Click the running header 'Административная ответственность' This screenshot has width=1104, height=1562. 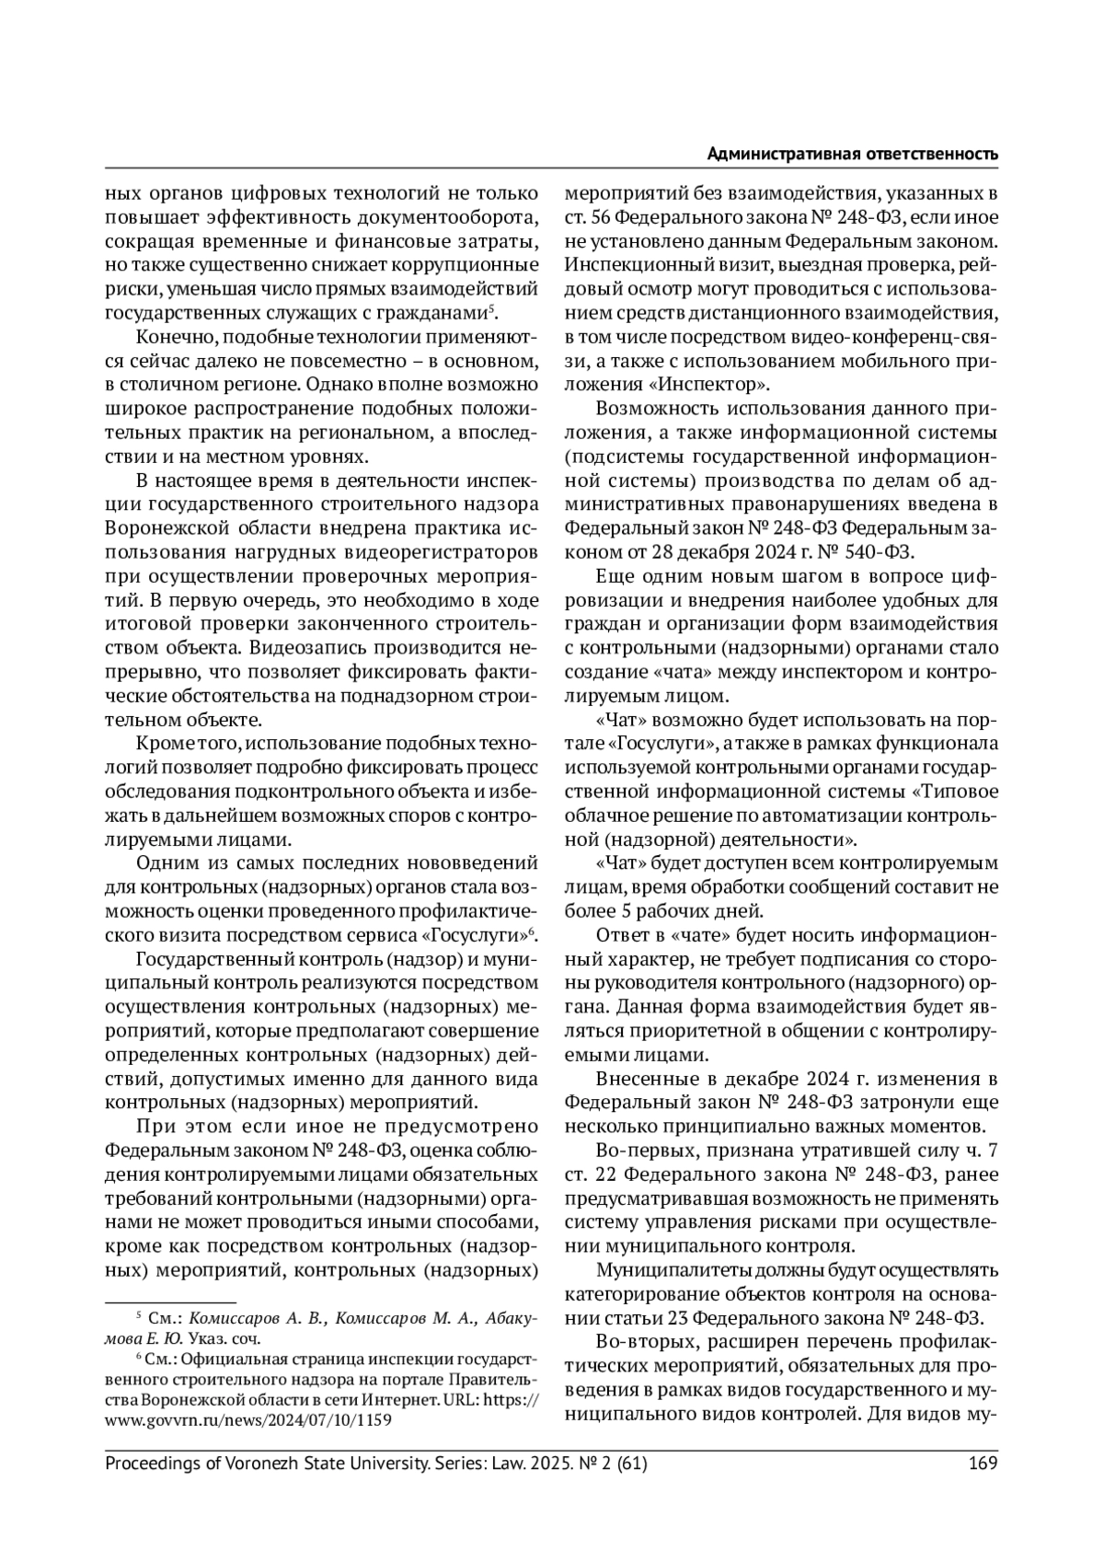coord(852,154)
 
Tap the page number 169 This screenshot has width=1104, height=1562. coord(983,1464)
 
